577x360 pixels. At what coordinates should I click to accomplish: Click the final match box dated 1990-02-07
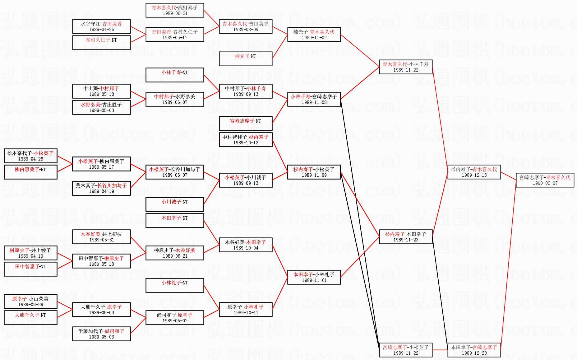tap(545, 180)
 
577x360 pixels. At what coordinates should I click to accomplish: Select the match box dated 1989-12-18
tap(474, 172)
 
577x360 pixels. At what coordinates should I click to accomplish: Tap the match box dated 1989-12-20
tap(474, 350)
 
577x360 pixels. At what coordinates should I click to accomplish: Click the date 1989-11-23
tap(406, 240)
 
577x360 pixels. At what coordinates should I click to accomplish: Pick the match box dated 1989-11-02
tap(314, 35)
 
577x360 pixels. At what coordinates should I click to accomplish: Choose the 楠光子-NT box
tap(246, 59)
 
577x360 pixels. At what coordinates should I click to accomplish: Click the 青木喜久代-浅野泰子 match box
tap(175, 10)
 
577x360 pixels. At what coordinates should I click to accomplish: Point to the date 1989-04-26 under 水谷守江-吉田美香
tap(101, 30)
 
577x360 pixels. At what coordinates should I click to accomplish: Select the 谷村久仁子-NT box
tap(101, 43)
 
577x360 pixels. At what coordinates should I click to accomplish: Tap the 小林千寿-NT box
tap(175, 75)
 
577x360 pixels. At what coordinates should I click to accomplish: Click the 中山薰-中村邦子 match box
tap(101, 91)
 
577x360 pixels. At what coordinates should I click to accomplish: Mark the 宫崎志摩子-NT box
tap(246, 124)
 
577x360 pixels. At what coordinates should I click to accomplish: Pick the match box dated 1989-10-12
tap(246, 140)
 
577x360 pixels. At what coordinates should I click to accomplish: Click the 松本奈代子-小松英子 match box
tap(30, 156)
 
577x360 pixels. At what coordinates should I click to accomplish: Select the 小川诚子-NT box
tap(175, 204)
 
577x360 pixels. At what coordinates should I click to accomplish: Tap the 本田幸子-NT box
tap(175, 221)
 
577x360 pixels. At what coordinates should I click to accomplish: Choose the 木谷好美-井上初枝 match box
tap(101, 237)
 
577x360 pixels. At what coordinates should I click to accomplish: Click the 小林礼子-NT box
tap(175, 285)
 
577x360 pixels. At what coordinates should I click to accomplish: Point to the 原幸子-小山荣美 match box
tap(30, 302)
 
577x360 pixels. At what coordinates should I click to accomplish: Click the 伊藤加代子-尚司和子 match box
tap(101, 334)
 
